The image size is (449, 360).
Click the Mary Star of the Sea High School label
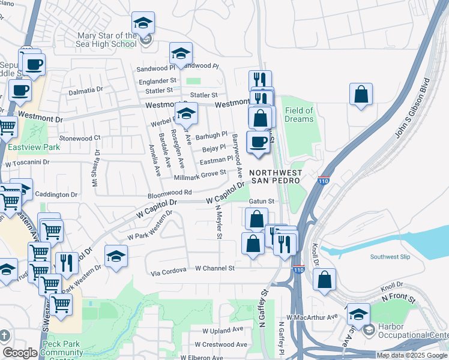[x=107, y=40]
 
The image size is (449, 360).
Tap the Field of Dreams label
[x=299, y=115]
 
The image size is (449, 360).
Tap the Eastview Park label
[x=25, y=146]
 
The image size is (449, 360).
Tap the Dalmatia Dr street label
[x=86, y=90]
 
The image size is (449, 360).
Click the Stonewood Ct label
[x=80, y=137]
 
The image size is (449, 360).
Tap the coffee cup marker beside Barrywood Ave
[x=259, y=143]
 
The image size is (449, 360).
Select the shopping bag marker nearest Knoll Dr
[x=325, y=280]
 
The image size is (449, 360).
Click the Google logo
[x=20, y=353]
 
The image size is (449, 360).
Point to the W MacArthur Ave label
[x=312, y=317]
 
